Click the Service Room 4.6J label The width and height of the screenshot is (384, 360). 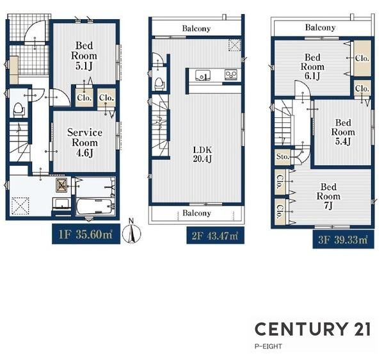pos(84,143)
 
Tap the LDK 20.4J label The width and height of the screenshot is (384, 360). pos(202,154)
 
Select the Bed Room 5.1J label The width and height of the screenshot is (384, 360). pos(84,56)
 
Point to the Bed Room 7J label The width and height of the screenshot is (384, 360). pos(328,196)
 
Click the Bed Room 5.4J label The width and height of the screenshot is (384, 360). pos(343,132)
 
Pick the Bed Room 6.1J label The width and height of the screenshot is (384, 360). pos(312,67)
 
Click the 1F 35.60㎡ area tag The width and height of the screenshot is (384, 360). pos(86,234)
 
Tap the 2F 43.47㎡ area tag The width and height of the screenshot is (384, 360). pos(215,236)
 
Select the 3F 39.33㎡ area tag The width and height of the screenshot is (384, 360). pos(343,240)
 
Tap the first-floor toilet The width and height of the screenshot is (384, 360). pos(18,109)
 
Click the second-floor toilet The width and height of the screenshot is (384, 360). pos(159,83)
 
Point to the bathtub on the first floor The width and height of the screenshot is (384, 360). pos(95,207)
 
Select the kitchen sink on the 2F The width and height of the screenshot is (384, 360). pos(203,75)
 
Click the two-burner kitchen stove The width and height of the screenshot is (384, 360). pos(230,74)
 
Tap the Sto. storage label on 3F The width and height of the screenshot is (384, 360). pos(283,156)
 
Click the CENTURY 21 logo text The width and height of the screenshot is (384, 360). pos(313,329)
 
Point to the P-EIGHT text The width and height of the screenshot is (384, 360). pos(268,347)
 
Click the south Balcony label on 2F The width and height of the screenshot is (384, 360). pos(196,213)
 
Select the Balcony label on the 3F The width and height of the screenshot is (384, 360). pos(321,28)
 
